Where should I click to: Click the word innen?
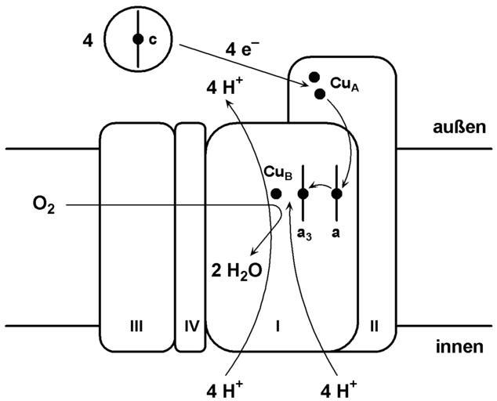(457, 349)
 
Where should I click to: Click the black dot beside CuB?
(276, 193)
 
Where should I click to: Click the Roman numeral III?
(136, 326)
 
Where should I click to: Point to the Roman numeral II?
(374, 326)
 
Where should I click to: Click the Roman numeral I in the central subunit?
(277, 326)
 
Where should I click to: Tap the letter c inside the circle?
(152, 39)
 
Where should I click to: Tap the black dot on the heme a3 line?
(303, 193)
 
